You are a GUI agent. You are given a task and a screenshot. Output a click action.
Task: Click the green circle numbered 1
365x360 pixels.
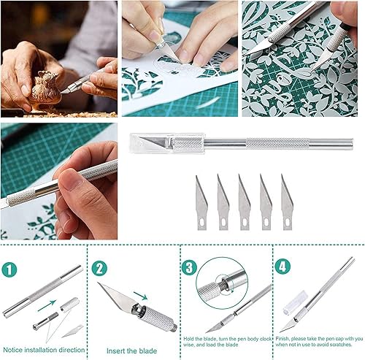pyautogui.click(x=9, y=269)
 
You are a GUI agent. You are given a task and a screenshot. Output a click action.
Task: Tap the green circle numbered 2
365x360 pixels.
pyautogui.click(x=99, y=269)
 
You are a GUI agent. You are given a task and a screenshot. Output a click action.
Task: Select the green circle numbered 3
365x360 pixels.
pyautogui.click(x=189, y=268)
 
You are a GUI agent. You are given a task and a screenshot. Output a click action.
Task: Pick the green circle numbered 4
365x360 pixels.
pyautogui.click(x=283, y=267)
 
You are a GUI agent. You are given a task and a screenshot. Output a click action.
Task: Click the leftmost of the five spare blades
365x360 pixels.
pyautogui.click(x=201, y=204)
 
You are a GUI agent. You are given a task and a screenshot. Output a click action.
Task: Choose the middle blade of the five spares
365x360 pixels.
pyautogui.click(x=244, y=202)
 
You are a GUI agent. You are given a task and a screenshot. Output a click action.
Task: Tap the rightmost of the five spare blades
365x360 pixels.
pyautogui.click(x=287, y=202)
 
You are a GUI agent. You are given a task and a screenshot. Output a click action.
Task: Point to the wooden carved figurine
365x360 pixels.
pyautogui.click(x=45, y=90)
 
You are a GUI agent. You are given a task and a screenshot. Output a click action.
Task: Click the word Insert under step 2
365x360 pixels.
pyautogui.click(x=115, y=351)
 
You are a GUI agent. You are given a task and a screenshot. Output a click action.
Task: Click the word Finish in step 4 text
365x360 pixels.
pyautogui.click(x=283, y=339)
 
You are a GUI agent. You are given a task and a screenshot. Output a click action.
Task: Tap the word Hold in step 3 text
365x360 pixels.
pyautogui.click(x=188, y=339)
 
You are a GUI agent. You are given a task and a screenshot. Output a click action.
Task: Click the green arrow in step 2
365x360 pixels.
pyautogui.click(x=140, y=296)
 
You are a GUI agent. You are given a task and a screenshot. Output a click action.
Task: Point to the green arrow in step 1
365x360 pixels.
pyautogui.click(x=47, y=306)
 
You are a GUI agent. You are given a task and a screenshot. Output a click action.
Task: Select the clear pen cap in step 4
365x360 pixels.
pyautogui.click(x=296, y=302)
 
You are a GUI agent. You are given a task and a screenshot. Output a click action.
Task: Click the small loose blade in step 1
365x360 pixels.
pyautogui.click(x=72, y=331)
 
